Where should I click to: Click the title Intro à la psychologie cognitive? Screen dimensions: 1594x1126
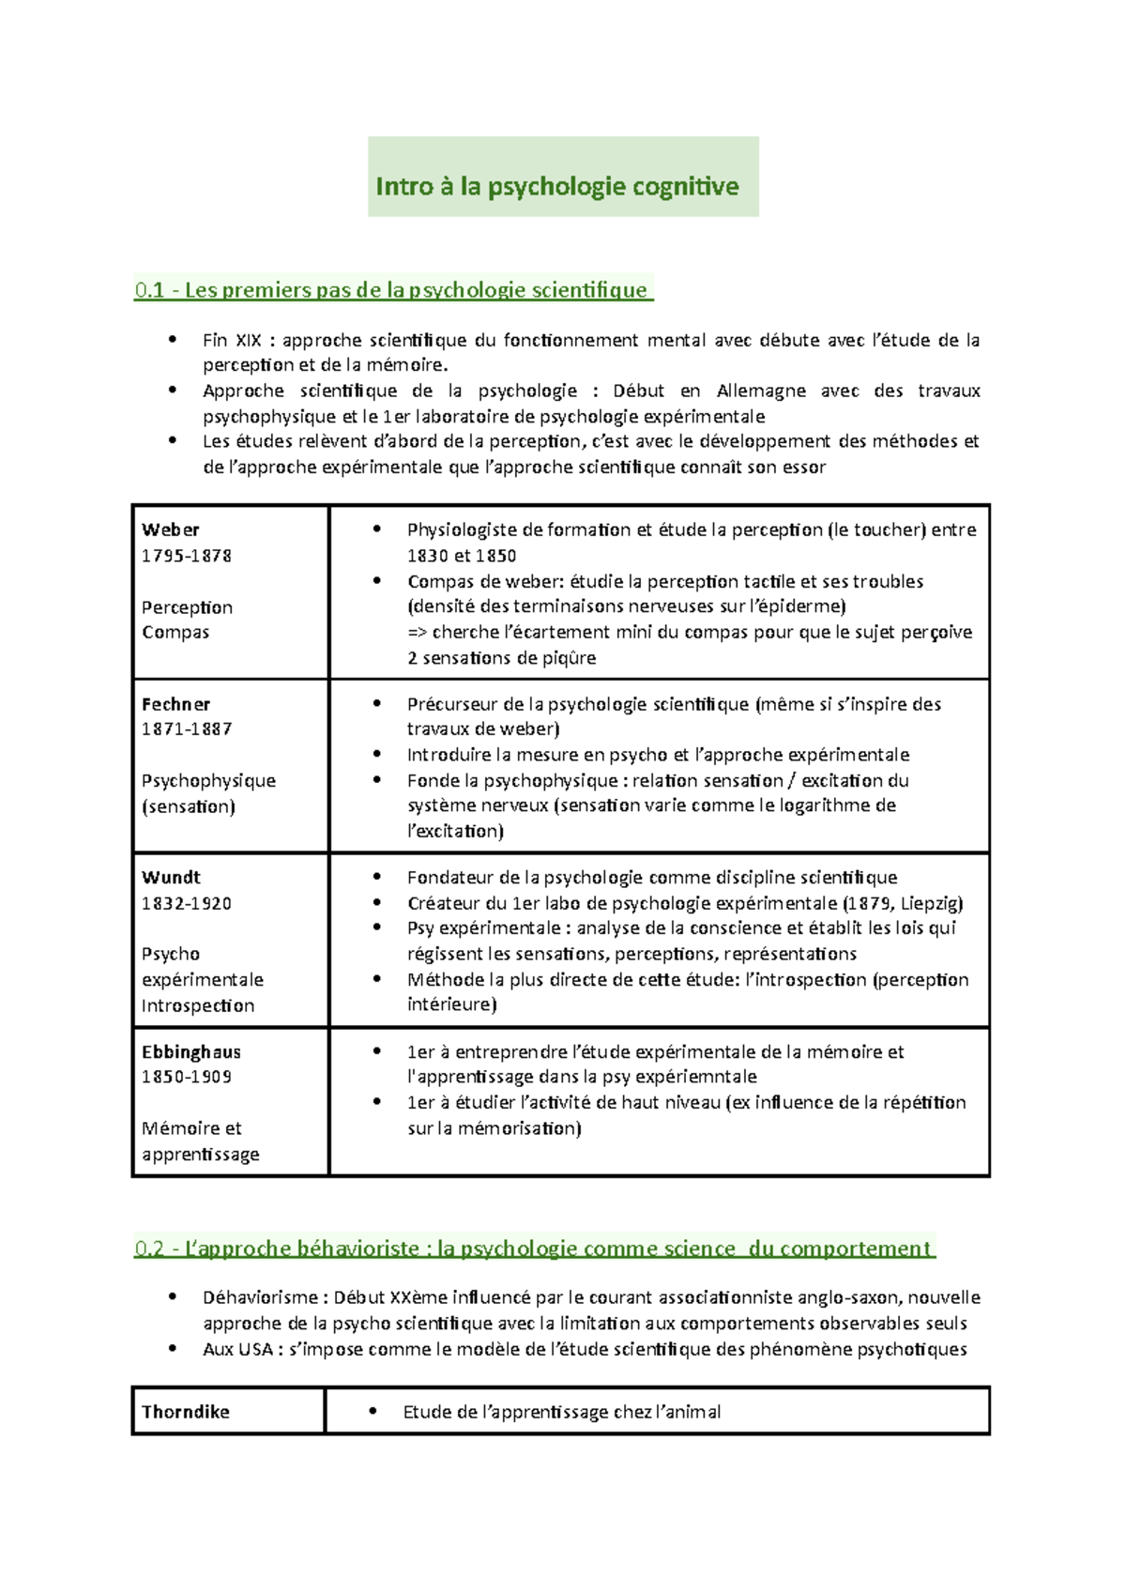tap(556, 186)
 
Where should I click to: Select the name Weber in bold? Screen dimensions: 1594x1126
tap(170, 529)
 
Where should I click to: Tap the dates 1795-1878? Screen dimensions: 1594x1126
tap(186, 555)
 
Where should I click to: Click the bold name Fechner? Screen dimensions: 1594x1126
tap(175, 704)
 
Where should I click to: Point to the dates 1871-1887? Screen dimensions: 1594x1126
tap(186, 728)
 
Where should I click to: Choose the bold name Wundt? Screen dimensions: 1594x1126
tap(171, 877)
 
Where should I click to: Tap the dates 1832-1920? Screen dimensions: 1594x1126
tap(186, 903)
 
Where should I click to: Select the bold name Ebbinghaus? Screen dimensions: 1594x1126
tap(190, 1051)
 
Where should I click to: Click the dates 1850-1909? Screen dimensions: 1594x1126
tap(186, 1077)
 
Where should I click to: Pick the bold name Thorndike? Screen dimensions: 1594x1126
tap(185, 1411)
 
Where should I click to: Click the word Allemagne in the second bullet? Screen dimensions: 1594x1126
tap(759, 391)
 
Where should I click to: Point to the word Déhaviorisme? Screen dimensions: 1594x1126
tap(260, 1297)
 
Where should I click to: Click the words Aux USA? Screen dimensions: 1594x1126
tap(237, 1349)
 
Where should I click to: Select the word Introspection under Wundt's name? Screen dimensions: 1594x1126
tap(198, 1005)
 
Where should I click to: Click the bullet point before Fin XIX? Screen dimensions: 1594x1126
tap(172, 339)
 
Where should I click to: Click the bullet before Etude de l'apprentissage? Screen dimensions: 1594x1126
tap(373, 1410)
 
